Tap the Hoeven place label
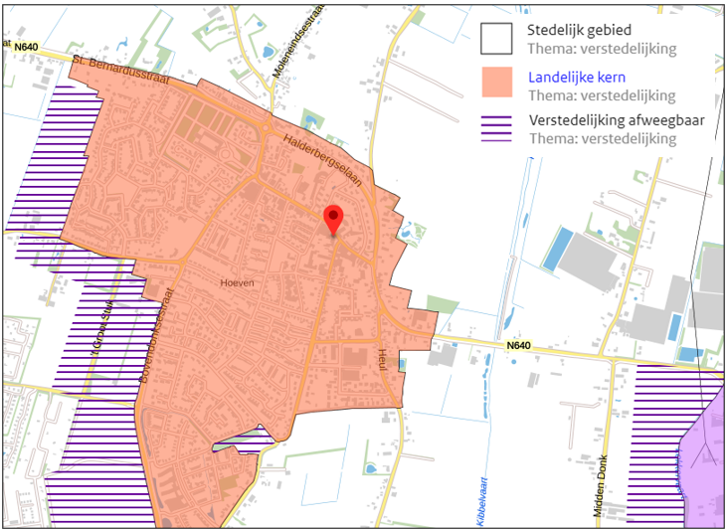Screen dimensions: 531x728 [x=237, y=282]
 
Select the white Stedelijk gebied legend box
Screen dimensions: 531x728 [x=495, y=39]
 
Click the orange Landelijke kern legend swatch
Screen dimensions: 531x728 [x=495, y=83]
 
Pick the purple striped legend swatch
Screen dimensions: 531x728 [x=495, y=127]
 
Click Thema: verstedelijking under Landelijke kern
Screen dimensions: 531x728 [x=603, y=95]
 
